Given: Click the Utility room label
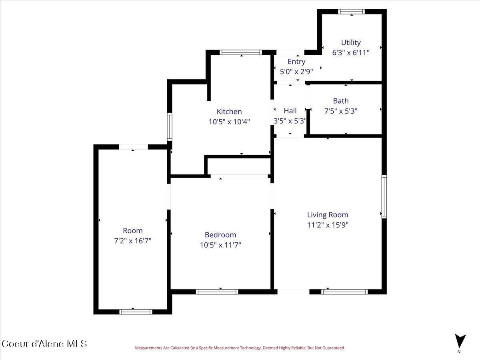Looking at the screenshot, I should pos(351,42).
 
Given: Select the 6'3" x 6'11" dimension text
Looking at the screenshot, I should pos(351,52).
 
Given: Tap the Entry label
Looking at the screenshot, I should pos(296,62).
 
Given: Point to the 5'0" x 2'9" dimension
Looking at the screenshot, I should pos(296,72).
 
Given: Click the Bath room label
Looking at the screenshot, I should pos(341,101).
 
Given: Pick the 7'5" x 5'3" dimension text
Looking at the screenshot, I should pos(341,111).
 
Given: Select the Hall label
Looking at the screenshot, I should pos(290,111).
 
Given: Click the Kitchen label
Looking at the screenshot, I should pos(229,112).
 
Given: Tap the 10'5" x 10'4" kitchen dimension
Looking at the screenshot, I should pos(229,122).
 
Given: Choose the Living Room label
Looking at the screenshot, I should pos(328,215).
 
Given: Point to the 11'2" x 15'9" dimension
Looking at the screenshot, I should pos(328,225).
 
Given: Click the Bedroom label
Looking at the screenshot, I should pos(220,235).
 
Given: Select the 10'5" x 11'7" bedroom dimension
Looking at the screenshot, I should pos(220,245).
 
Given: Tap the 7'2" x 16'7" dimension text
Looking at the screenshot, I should pos(133,241).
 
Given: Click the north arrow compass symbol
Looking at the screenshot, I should pos(460,341).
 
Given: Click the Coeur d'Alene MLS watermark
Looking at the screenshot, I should pos(44,344).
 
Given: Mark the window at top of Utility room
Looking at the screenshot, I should pos(352,12).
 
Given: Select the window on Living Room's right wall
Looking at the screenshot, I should pos(384,196).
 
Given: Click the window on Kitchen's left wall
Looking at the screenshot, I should pos(170,126).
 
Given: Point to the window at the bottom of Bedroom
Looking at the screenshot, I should pos(217,292).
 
